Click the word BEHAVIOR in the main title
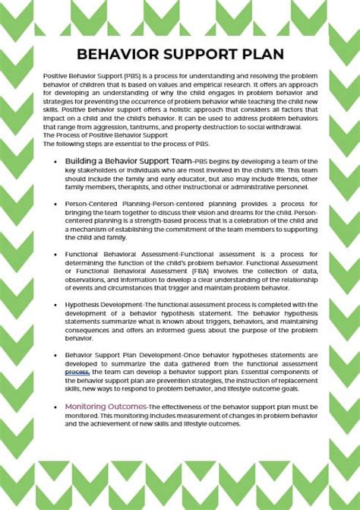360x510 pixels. [113, 54]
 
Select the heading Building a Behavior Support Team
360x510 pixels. [128, 161]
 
